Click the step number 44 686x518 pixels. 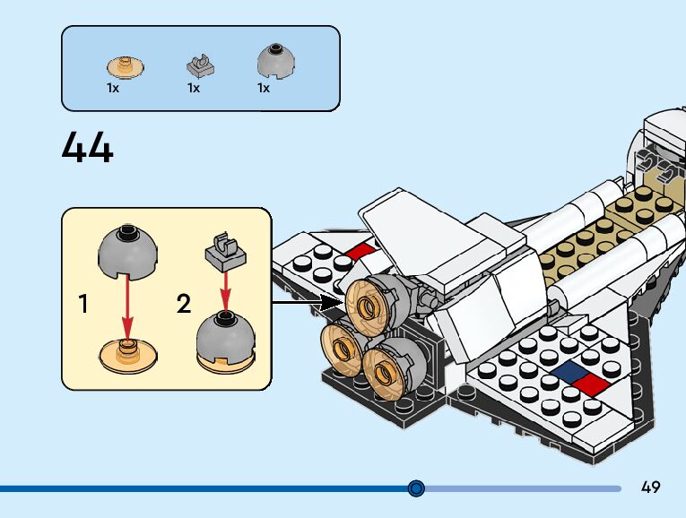(88, 148)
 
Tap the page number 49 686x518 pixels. (651, 488)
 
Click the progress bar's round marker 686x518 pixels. (416, 488)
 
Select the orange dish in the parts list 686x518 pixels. (126, 66)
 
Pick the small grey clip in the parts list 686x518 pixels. (202, 65)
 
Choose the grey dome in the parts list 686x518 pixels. (277, 61)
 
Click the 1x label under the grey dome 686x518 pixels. (264, 89)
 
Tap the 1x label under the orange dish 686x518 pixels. (113, 89)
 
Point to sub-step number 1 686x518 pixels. (83, 304)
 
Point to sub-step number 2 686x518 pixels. (184, 304)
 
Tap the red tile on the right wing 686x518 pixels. (589, 384)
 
